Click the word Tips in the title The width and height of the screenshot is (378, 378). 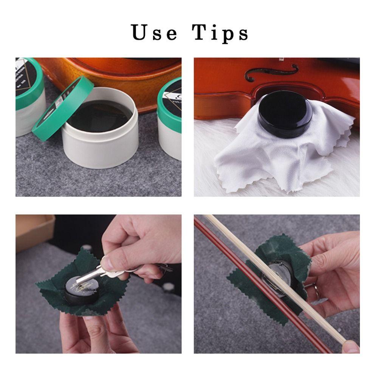[x=220, y=33]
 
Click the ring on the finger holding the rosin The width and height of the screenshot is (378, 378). [x=314, y=289]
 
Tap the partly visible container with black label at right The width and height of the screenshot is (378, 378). [x=170, y=113]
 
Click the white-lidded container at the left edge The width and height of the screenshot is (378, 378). [x=28, y=98]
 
